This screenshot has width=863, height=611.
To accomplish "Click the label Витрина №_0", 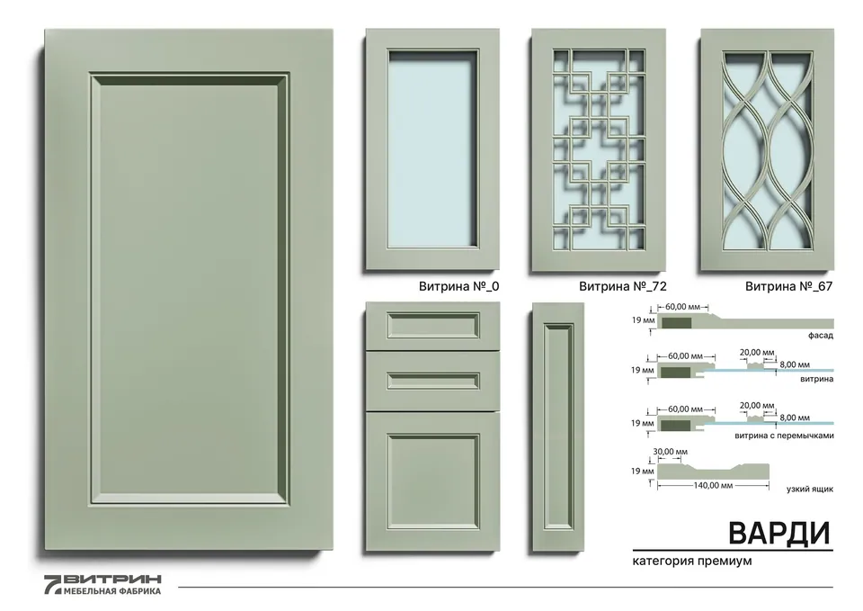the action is click(458, 286).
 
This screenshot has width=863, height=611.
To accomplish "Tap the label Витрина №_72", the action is click(622, 286).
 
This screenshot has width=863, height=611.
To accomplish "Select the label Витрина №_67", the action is click(788, 286).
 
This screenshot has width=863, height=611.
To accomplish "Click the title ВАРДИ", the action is click(779, 533).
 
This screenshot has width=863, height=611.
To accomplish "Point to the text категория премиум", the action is click(692, 561).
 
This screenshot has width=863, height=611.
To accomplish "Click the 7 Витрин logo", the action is click(102, 585).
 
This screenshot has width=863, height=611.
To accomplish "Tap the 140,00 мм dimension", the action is click(713, 485).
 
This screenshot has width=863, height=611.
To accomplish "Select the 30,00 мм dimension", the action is click(670, 452).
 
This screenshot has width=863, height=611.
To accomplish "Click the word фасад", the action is click(821, 335).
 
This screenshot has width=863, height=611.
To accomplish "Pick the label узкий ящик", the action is click(810, 489).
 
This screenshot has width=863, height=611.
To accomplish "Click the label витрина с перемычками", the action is click(784, 436).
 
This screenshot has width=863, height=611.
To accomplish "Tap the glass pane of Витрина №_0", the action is click(432, 148).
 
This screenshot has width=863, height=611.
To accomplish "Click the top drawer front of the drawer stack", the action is click(432, 325).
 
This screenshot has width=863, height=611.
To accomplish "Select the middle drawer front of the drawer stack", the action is click(432, 381).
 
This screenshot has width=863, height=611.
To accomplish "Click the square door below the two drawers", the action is click(432, 481).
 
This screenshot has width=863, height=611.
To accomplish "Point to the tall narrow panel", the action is click(558, 427).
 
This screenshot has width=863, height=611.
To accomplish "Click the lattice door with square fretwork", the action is click(599, 150).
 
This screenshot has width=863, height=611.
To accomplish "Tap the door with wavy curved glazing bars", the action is click(767, 150).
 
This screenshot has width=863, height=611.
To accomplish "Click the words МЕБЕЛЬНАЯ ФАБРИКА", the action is click(112, 591).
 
